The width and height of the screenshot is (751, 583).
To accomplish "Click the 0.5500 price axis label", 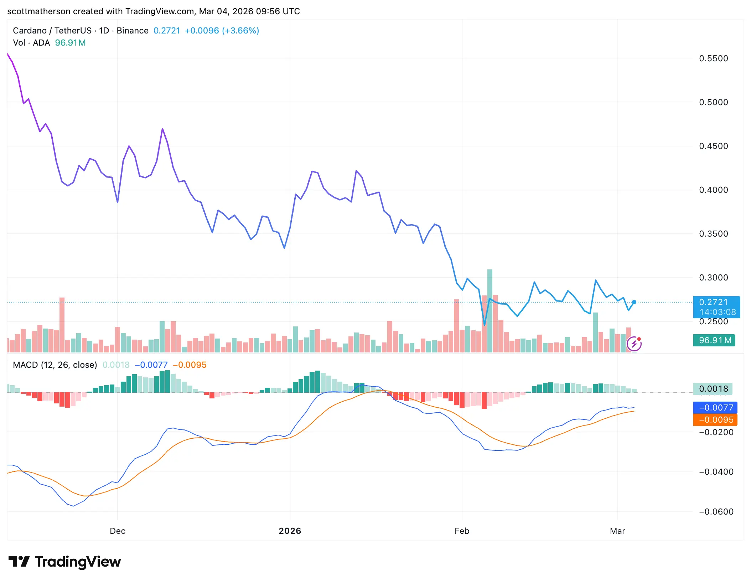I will (713, 58).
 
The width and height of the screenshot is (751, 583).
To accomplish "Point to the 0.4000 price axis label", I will (713, 190).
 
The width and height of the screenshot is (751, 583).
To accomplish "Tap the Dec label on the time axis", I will (118, 531).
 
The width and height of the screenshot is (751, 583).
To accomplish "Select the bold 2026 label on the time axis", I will (290, 531).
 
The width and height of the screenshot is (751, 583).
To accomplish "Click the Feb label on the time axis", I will (462, 531).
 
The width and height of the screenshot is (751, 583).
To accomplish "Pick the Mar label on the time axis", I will (617, 531).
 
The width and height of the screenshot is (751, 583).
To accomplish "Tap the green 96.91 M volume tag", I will (714, 340).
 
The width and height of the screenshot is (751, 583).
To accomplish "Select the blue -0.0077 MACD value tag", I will (715, 407).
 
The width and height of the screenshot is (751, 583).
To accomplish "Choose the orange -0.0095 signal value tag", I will (715, 420).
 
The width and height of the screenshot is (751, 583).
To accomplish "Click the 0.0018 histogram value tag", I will (713, 389).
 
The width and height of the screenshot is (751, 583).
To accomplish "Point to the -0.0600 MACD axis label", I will (716, 512).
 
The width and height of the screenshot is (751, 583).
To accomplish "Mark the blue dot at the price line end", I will (634, 302).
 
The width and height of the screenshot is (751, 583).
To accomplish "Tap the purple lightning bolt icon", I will (634, 344).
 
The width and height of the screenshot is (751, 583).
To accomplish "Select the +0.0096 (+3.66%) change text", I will (222, 31).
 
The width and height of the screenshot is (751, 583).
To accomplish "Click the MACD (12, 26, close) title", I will (55, 365).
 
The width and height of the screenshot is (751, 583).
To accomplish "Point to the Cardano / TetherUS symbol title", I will (52, 31).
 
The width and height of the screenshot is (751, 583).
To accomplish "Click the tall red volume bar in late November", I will (62, 324).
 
